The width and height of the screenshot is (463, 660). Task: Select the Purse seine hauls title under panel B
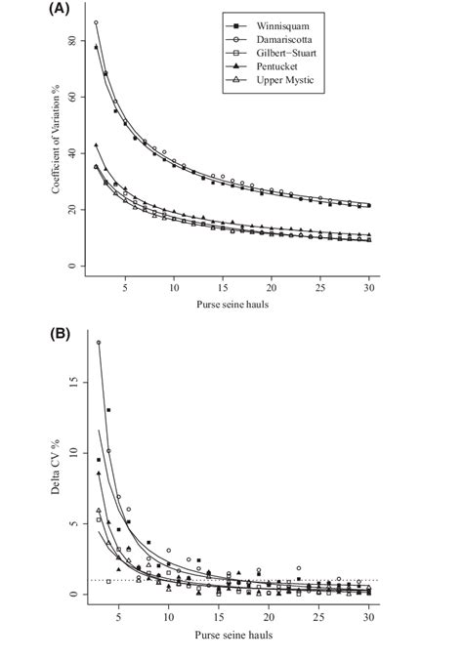(231, 633)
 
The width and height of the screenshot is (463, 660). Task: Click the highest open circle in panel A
(96, 22)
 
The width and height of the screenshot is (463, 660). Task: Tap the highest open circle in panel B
(99, 343)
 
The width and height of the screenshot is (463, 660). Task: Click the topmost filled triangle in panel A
(96, 145)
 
